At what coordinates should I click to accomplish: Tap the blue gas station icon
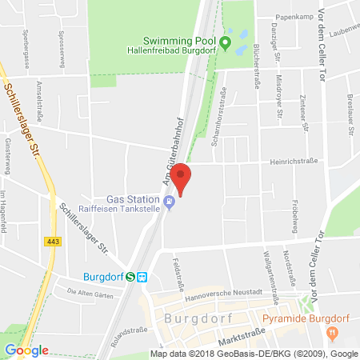[x=169, y=202]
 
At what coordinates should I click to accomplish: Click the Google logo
[x=26, y=350]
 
